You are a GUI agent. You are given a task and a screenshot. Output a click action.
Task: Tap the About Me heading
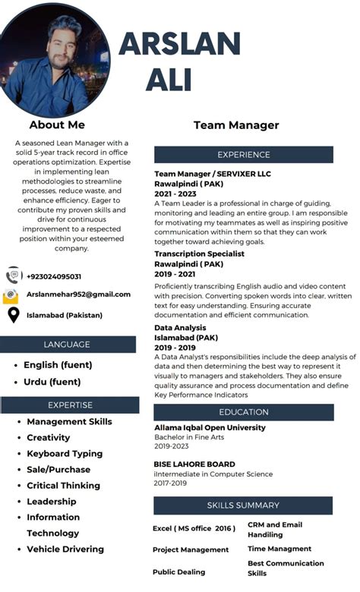coord(57,124)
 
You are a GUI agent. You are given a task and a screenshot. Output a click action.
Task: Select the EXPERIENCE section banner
coord(244,155)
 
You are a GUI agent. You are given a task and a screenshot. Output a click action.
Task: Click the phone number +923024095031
coord(54,276)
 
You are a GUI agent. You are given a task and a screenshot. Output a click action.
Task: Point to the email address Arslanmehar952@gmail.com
coord(78,294)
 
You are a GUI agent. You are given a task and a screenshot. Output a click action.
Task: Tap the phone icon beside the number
coord(13,275)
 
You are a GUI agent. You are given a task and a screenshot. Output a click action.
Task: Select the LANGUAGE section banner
coord(67,345)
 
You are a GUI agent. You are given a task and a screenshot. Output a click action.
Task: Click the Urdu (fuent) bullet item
coord(52,382)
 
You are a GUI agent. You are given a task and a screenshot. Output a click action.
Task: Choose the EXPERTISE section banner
coord(70,405)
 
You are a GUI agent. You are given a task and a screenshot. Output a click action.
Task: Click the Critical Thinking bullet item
coord(63,485)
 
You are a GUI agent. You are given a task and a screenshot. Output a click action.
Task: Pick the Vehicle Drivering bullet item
coord(65,549)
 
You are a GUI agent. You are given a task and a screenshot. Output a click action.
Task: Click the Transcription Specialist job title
coord(199,253)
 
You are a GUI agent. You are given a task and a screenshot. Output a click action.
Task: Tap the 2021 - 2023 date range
coord(175,194)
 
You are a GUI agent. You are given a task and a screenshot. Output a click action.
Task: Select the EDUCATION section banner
coord(244,412)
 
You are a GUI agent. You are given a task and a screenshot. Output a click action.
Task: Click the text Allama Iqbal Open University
coord(210,428)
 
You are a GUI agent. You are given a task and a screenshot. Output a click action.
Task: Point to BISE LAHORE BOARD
coord(194,464)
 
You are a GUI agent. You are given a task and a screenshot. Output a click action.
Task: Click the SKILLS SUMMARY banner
coord(243,505)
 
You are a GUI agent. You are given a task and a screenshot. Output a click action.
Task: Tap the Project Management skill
coord(190,549)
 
